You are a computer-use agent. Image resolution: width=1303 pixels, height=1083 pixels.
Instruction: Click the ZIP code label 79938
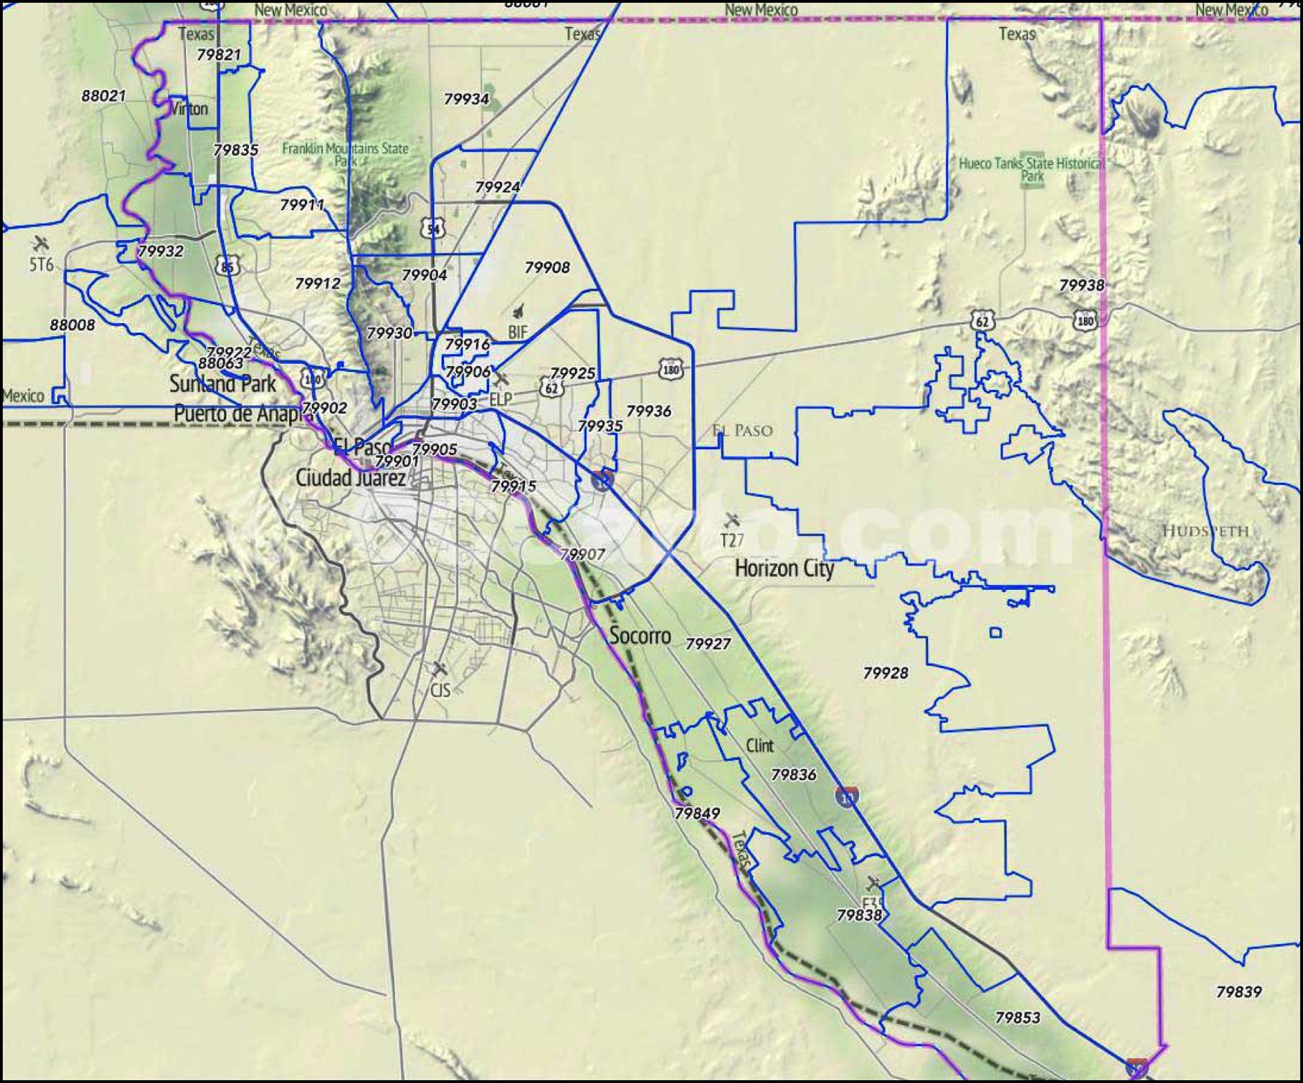point(1082,285)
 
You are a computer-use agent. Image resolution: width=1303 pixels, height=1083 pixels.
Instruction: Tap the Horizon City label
point(784,568)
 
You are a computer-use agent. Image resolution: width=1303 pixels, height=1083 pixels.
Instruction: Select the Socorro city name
point(640,635)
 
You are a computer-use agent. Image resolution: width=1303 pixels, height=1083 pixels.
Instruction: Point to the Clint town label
point(759,745)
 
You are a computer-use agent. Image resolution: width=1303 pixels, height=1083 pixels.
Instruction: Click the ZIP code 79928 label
point(885,672)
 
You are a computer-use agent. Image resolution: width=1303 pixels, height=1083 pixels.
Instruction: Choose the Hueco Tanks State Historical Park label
point(1031,169)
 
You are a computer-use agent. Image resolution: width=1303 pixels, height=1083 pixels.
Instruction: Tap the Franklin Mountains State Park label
point(345,154)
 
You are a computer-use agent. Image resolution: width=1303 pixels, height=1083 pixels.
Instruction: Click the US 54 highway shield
point(434,228)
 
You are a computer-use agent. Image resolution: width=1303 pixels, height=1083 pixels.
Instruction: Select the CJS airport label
point(441,689)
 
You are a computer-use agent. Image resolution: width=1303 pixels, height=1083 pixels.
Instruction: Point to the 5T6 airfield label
point(41,263)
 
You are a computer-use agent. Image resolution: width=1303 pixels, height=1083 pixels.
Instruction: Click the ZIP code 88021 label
point(103,95)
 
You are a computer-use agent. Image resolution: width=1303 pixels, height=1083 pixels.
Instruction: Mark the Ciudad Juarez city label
point(351,477)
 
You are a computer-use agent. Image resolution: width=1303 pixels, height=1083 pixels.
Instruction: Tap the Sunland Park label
point(223,384)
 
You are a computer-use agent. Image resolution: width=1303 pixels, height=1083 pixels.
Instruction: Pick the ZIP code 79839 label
point(1239,992)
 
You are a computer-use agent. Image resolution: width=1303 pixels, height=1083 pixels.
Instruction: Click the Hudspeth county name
point(1205,531)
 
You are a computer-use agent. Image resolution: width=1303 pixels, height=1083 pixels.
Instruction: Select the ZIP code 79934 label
point(466,99)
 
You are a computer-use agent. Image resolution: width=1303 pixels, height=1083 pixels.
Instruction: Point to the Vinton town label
point(188,109)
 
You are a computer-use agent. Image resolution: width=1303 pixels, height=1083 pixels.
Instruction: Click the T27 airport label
point(732,540)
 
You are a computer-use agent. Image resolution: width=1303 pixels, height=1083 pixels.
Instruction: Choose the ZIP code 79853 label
point(1017,1017)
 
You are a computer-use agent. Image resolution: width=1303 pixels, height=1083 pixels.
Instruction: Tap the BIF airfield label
point(517,332)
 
